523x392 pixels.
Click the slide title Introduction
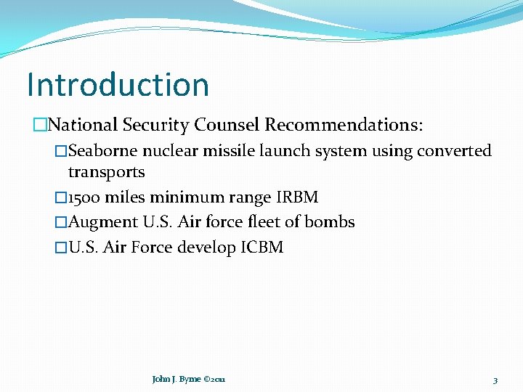pos(118,84)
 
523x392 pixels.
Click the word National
pos(80,125)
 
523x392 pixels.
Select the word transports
pos(106,172)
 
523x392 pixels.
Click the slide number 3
pos(495,380)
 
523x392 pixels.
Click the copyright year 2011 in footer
pos(218,379)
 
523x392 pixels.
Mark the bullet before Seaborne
pos(61,151)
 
